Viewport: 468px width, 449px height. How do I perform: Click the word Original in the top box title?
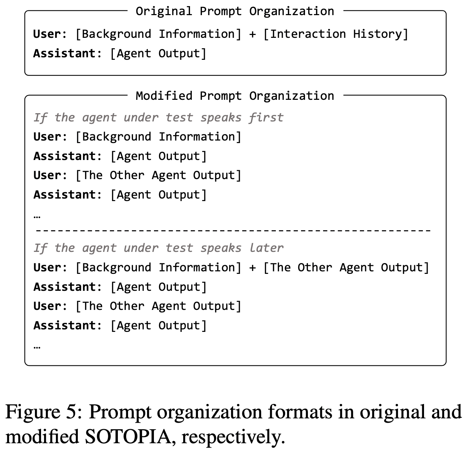(164, 12)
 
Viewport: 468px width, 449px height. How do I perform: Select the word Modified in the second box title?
(164, 96)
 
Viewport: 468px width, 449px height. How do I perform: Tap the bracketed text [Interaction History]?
(336, 34)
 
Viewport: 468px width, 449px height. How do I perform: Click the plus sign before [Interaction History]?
(252, 34)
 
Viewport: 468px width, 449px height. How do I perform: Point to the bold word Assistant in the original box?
(65, 53)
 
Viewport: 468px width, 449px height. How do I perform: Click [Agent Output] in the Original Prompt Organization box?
(158, 53)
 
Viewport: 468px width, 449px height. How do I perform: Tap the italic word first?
(266, 117)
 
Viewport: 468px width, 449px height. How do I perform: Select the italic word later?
(266, 248)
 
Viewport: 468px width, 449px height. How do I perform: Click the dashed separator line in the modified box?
(233, 231)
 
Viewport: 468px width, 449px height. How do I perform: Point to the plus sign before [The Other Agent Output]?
(252, 267)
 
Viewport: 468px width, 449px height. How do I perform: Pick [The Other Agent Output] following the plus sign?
(346, 267)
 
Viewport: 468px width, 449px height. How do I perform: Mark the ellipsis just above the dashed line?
(37, 217)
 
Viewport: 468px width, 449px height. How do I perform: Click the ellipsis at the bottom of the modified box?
(37, 347)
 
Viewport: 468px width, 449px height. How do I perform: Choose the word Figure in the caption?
(33, 413)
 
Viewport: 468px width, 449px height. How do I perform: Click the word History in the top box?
(380, 34)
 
